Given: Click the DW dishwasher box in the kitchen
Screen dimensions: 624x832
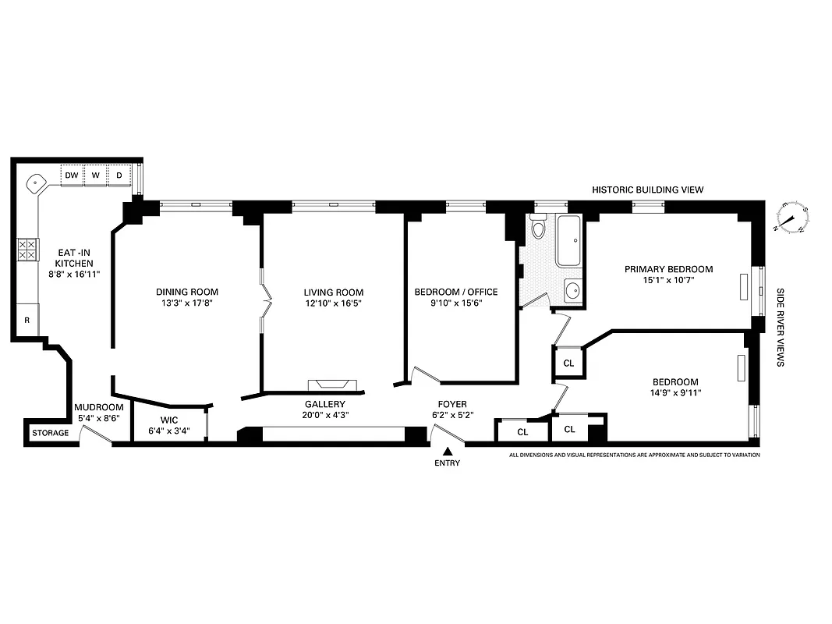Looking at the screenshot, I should coord(72,175).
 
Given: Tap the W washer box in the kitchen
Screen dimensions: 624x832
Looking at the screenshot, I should coord(96,175).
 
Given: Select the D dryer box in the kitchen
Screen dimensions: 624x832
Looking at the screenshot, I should coord(119,175).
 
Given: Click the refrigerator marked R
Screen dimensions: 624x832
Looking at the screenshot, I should coord(27,320).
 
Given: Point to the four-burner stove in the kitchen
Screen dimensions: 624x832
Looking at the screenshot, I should coord(27,250).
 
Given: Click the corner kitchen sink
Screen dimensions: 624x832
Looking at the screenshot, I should coord(37,183).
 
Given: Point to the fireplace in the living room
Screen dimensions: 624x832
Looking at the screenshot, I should coord(333,384).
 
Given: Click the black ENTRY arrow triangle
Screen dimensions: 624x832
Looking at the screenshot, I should coord(448,451).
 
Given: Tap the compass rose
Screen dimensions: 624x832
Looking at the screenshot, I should coord(795,218).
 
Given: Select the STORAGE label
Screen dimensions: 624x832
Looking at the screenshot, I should coord(50,433).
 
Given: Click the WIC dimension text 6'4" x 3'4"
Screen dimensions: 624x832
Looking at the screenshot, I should coord(169,431).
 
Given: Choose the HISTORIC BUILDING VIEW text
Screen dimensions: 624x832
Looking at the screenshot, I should coord(647,190).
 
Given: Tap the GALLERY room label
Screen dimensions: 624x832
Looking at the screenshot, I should coord(324,404).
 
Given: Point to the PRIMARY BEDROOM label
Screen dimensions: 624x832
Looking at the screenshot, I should coord(668,269).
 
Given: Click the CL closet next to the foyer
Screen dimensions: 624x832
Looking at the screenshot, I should coord(522,431).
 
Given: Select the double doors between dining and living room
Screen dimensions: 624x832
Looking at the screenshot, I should coord(265,300).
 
